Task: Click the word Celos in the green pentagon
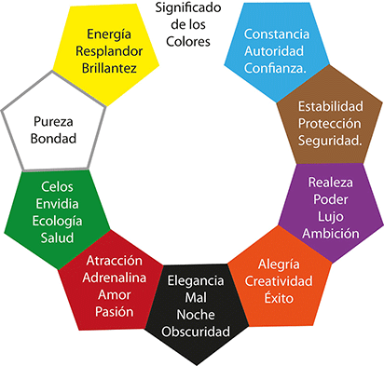(x=56, y=187)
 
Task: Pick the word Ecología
(x=56, y=221)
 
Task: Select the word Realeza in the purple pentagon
(x=332, y=183)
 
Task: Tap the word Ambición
(x=332, y=234)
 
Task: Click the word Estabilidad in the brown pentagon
(x=329, y=106)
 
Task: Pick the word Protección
(x=329, y=123)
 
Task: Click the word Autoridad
(x=277, y=52)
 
